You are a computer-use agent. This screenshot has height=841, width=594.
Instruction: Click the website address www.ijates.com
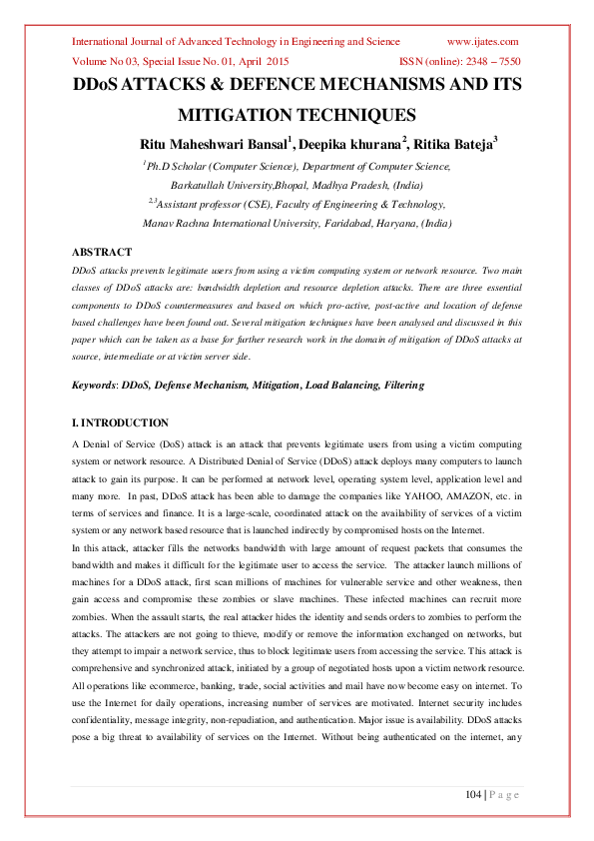(483, 41)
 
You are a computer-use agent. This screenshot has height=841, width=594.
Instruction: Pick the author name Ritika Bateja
(453, 145)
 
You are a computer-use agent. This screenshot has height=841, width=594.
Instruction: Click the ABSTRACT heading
(102, 252)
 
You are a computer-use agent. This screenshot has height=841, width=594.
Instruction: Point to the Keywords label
(94, 385)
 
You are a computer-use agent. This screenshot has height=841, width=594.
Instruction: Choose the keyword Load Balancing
(336, 385)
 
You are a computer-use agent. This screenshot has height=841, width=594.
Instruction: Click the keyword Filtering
(401, 385)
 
